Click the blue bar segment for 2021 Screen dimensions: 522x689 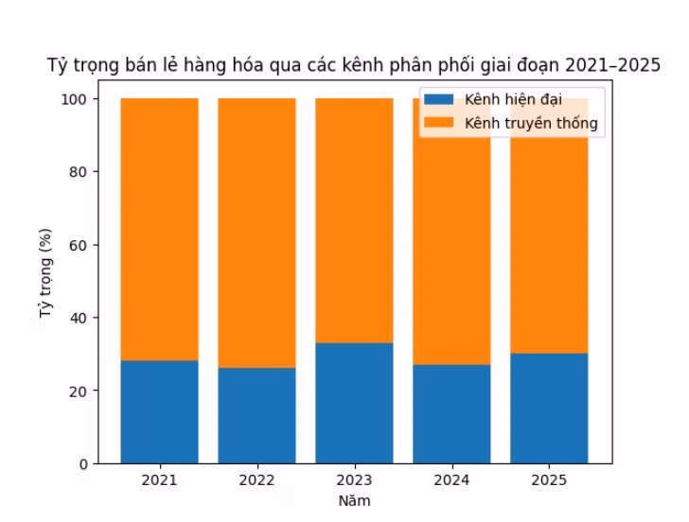tap(159, 411)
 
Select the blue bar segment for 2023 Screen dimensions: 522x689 tap(354, 403)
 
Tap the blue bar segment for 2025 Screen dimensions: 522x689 tap(549, 408)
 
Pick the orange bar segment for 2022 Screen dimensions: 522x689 tap(256, 233)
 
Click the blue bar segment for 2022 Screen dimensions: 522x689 tap(256, 415)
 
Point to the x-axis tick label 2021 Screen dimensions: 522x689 tap(159, 481)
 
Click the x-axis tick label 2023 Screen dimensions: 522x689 tap(354, 481)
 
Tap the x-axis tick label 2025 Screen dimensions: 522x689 tap(549, 481)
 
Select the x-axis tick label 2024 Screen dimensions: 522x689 tap(451, 481)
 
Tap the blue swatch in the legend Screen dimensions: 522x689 tap(439, 100)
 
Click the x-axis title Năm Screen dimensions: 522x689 tap(354, 500)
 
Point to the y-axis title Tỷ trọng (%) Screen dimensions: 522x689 tap(44, 281)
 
